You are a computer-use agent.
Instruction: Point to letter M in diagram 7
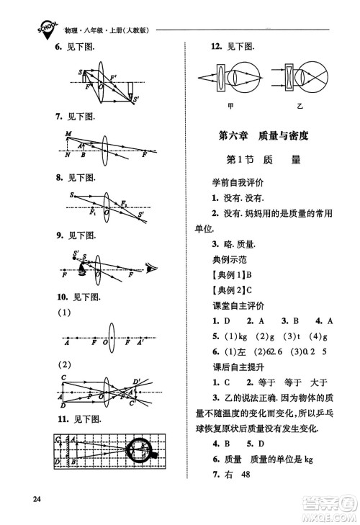pos(68,135)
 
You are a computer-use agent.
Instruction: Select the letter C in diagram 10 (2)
pos(63,378)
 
